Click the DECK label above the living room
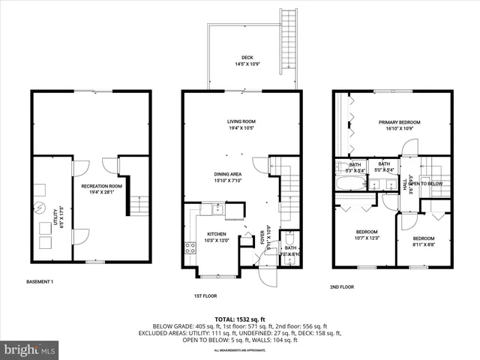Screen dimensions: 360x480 [x=247, y=58]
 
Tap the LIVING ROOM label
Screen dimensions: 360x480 [x=242, y=121]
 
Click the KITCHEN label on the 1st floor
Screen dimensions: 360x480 [x=215, y=233]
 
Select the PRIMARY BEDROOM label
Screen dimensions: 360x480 [x=399, y=122]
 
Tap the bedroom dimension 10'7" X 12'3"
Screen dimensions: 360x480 [x=366, y=238]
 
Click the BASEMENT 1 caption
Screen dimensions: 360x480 [x=39, y=281]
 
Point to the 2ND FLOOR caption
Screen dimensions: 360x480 [x=341, y=286]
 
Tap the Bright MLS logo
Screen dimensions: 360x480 [x=30, y=349]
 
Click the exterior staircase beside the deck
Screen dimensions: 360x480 [x=286, y=42]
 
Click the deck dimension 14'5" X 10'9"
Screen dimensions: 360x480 [x=247, y=64]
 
